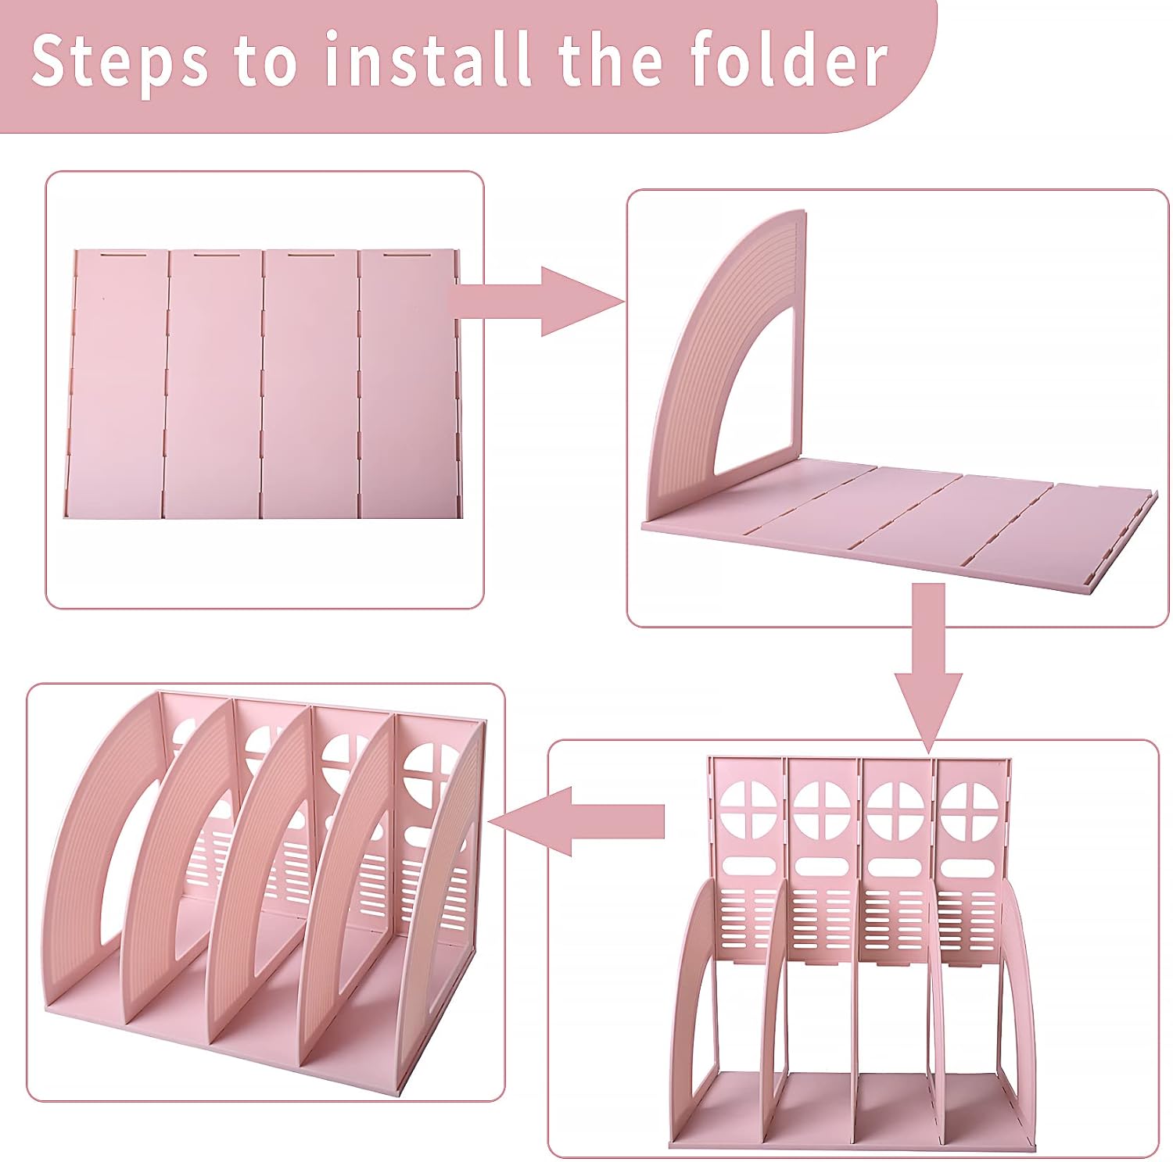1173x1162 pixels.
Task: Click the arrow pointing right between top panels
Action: point(540,302)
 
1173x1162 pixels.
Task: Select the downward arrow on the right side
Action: point(928,664)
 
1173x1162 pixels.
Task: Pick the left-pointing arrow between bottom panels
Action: point(579,821)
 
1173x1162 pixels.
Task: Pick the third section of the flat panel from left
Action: point(309,383)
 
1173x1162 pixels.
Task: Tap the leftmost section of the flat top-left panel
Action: point(117,383)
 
